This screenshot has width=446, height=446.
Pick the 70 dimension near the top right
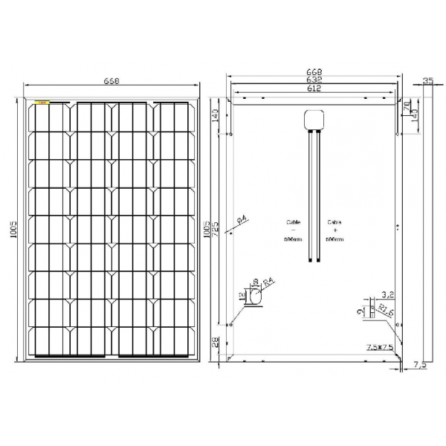coord(407,106)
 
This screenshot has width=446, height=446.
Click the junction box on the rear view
coord(313,120)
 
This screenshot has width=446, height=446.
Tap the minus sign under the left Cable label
coord(294,230)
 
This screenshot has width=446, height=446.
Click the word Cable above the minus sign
coord(294,222)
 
